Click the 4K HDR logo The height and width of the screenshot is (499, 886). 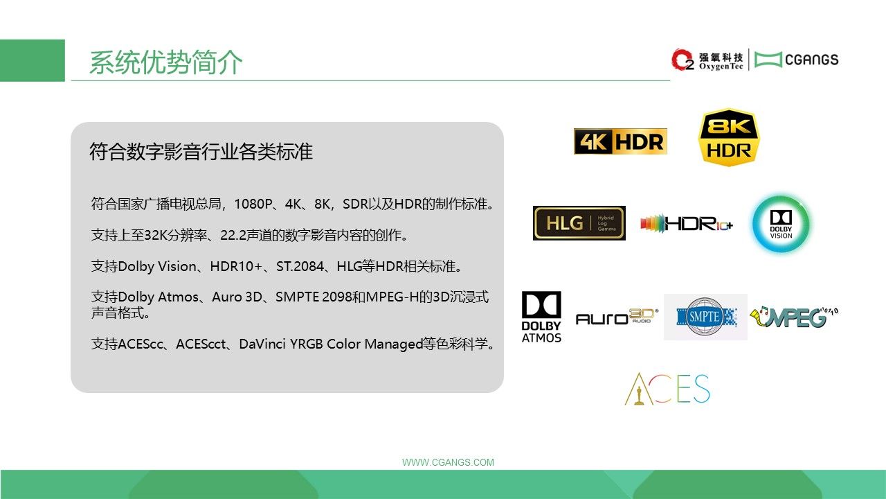620,141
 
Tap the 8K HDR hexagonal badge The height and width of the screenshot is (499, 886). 729,137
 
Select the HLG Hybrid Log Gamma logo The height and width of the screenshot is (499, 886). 579,223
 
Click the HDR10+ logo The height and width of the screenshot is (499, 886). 686,224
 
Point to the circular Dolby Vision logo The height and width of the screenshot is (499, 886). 781,224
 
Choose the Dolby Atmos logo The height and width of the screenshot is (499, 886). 541,317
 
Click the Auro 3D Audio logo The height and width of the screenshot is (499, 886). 617,317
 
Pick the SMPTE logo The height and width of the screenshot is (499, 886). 705,317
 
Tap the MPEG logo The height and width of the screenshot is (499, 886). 794,317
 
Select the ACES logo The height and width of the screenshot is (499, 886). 667,389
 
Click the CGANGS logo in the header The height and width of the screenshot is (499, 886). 797,60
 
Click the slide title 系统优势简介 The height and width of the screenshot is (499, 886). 165,62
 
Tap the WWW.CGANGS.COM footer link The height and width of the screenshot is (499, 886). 448,462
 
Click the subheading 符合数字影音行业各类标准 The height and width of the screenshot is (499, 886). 201,151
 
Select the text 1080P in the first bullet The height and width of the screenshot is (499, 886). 253,204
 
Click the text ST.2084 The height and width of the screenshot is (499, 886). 300,266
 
